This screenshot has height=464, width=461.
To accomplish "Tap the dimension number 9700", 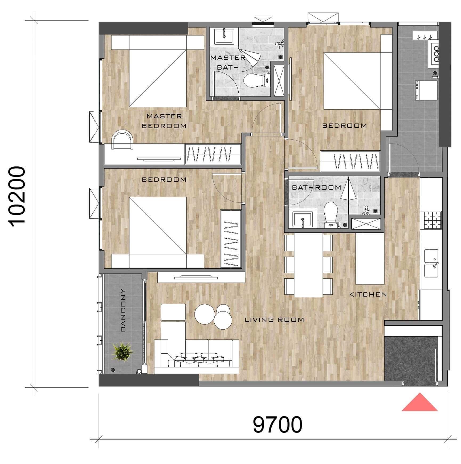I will pos(277,425).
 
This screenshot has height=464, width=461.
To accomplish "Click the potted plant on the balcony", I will pos(122,352).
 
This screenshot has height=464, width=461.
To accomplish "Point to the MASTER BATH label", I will pos(228,62).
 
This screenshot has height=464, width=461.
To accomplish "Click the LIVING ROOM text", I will pos(274,319).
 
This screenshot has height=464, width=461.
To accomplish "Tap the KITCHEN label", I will pos(368,294).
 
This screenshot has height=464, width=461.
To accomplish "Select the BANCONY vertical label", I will pos(123,310).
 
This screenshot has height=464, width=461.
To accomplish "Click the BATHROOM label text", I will pos(316,187).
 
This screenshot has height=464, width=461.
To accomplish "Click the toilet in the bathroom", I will pos(331,211).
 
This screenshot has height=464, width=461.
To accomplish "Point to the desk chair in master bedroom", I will pos(122,139).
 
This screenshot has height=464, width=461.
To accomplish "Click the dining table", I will pos(308,265).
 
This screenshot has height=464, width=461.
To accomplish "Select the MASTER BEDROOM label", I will pos(164,121).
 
